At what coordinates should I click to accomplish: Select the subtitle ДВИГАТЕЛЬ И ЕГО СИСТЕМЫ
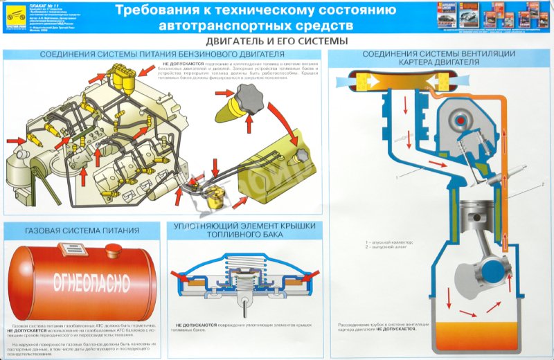pos(276,41)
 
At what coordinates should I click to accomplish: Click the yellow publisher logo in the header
pos(10,15)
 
